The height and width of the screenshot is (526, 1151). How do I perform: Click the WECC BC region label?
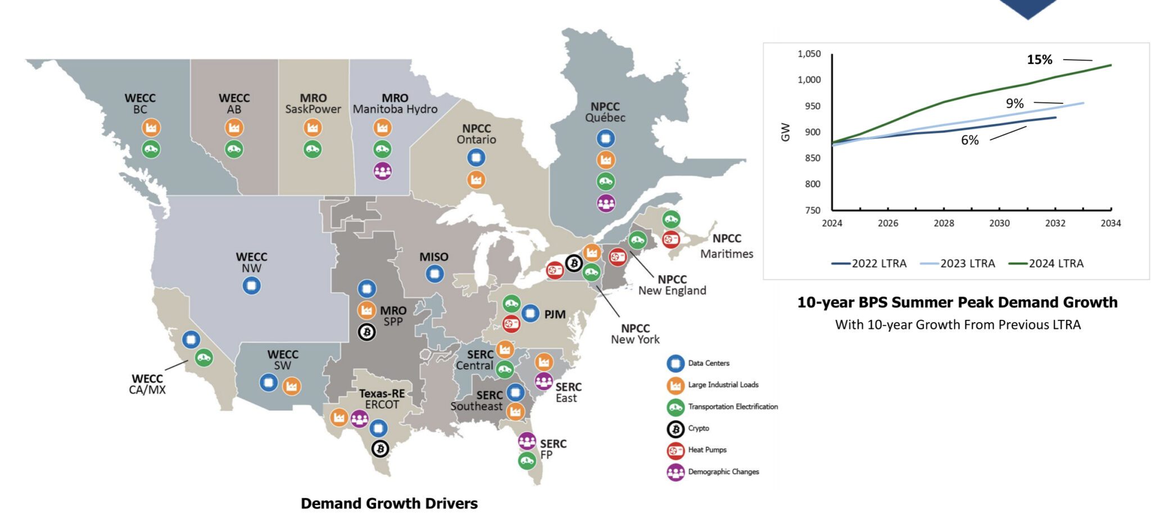tap(140, 103)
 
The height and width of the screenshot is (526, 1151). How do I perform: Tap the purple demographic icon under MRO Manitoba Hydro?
tap(382, 171)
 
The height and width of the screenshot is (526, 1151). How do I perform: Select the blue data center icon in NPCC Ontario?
tap(476, 158)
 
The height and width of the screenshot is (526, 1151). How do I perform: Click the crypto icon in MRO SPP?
tap(366, 332)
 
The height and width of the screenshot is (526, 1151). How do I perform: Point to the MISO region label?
tap(433, 257)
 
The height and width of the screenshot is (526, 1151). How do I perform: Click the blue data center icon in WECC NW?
tap(251, 285)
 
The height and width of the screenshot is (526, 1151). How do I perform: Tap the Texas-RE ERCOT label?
tap(382, 398)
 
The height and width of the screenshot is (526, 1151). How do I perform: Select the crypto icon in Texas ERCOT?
tap(380, 448)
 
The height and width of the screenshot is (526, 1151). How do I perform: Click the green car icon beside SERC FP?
tap(527, 461)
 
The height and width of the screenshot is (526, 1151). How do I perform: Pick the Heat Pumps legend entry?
tap(706, 450)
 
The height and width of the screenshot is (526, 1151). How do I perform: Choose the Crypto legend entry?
tap(698, 428)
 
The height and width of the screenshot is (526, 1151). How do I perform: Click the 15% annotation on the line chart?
tap(1039, 60)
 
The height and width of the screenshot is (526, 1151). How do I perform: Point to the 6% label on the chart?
tap(969, 140)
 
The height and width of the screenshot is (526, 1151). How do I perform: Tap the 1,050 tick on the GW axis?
tap(809, 54)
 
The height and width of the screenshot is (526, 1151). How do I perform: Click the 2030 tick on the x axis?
tap(999, 223)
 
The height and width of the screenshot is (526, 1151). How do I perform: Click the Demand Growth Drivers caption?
tap(389, 503)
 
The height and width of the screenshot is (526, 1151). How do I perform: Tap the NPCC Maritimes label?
tap(726, 246)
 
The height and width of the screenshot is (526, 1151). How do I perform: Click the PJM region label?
tap(554, 314)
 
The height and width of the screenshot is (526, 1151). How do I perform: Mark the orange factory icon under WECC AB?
tap(234, 128)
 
